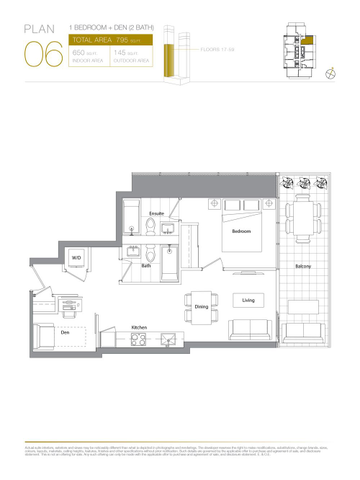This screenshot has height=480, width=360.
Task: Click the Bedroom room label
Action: click(x=242, y=231)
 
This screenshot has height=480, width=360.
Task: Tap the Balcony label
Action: click(x=303, y=266)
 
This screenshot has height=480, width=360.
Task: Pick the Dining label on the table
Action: click(x=201, y=307)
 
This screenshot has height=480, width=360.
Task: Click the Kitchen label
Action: click(x=141, y=327)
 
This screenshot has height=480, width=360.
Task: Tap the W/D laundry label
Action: click(x=77, y=258)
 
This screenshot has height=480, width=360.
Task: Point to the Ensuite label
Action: click(x=157, y=214)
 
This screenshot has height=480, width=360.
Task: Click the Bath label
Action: click(x=146, y=266)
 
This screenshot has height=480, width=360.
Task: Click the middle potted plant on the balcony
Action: click(x=303, y=183)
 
